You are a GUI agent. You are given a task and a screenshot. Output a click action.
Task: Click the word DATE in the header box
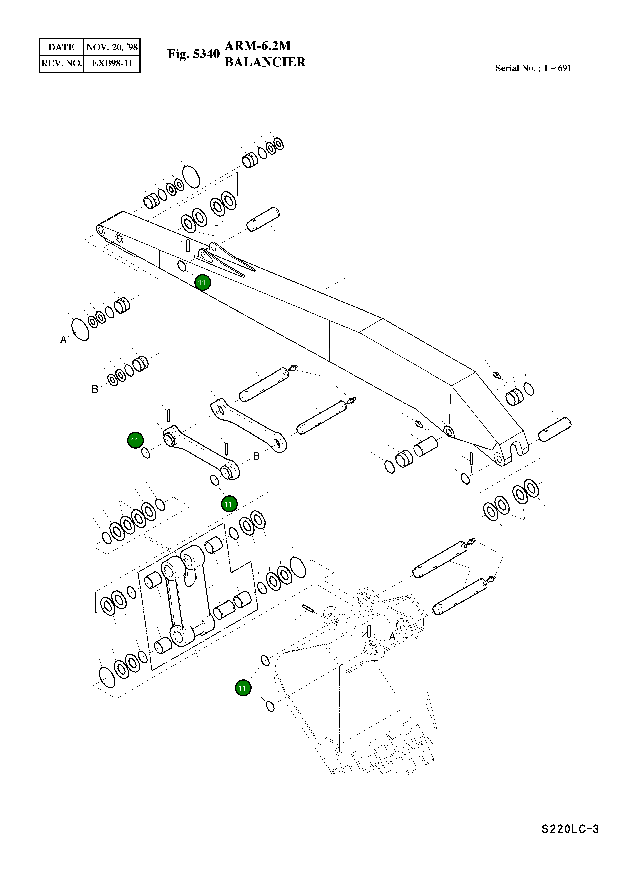coord(61,47)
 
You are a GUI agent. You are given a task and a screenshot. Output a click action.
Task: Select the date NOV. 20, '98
coord(112,47)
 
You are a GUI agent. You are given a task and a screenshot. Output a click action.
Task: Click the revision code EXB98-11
coord(112,63)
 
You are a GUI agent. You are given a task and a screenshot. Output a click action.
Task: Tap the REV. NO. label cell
coord(62,63)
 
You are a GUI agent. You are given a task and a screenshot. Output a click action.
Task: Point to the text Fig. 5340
coord(193,54)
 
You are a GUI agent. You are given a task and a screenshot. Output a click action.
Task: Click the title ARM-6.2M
coord(258,46)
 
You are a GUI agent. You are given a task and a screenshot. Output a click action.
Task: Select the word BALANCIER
coord(265,62)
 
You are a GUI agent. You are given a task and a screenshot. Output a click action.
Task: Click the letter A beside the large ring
coord(63,340)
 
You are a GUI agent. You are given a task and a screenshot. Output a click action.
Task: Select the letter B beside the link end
coord(256,457)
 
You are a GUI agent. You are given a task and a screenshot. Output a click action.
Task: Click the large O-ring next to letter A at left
coord(80,330)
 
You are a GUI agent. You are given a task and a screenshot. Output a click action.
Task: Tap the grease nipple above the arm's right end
coord(497,374)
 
